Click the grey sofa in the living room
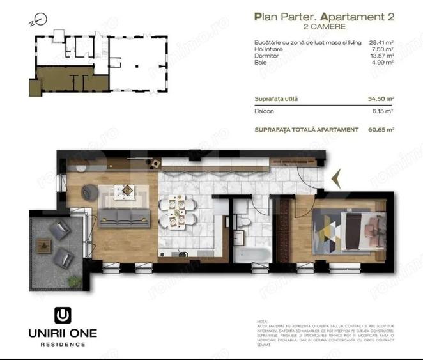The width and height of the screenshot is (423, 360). click(x=122, y=218)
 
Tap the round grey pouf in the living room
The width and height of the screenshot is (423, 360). click(x=89, y=191)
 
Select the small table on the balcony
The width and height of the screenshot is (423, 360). click(x=43, y=244)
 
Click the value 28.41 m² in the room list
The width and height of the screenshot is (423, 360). click(x=381, y=43)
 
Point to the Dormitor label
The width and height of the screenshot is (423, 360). click(x=265, y=56)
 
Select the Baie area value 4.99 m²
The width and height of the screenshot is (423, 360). click(x=382, y=62)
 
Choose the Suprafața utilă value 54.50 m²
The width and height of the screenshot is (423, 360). click(x=381, y=98)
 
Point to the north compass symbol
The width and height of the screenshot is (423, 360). click(x=33, y=20)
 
